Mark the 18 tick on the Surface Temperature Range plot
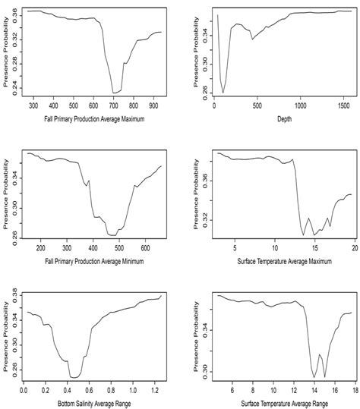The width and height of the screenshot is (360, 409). tap(353, 390)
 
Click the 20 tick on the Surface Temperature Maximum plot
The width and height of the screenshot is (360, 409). tap(353, 248)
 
